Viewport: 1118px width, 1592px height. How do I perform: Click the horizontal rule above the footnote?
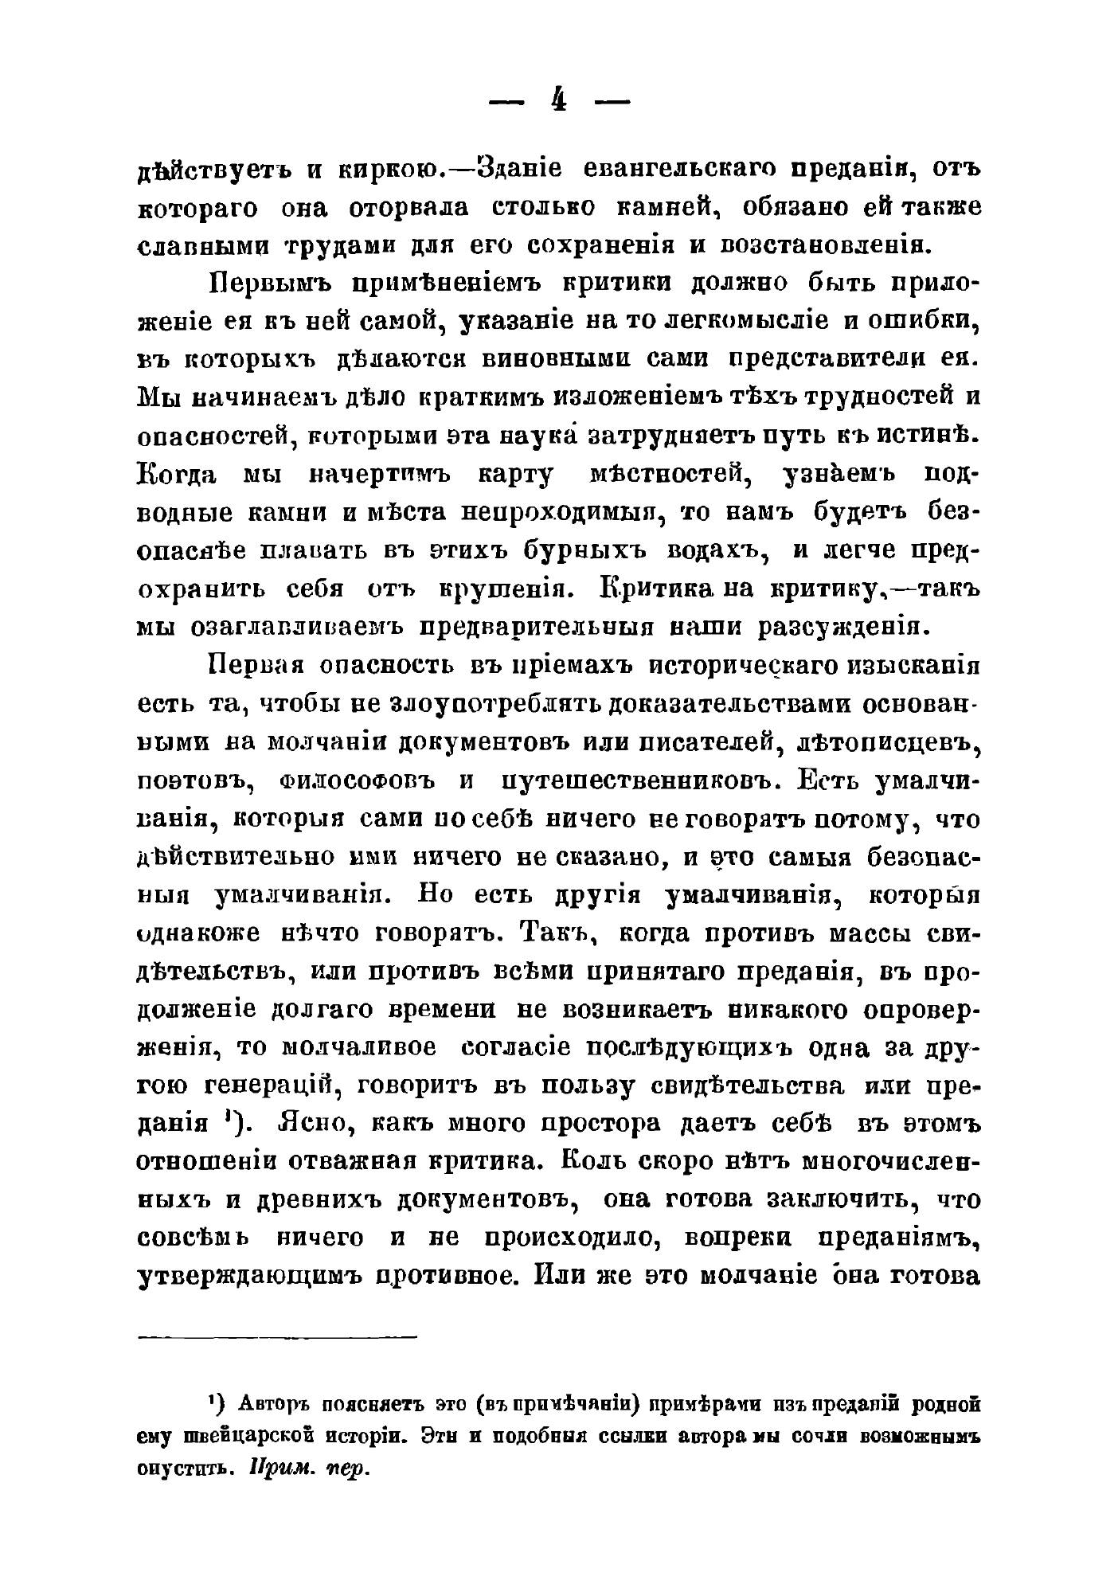tap(277, 1336)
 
